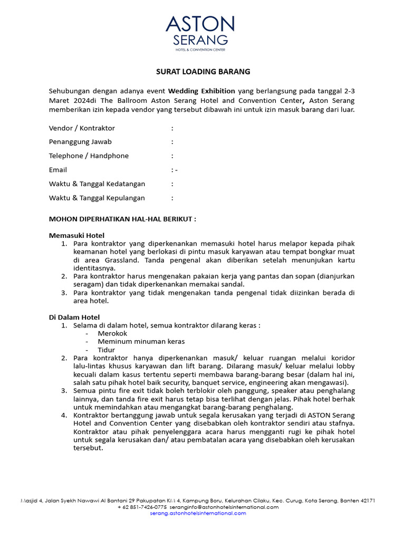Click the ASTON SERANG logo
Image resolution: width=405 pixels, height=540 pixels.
tap(200, 33)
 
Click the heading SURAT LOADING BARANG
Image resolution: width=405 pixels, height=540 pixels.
tap(202, 71)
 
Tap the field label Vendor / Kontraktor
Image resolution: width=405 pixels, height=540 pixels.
tap(82, 128)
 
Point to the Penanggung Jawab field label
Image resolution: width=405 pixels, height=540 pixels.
tap(80, 142)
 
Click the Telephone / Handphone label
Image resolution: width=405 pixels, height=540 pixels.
tap(89, 156)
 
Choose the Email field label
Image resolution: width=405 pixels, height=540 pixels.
tap(58, 170)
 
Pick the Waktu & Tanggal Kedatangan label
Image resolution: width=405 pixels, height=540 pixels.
tap(97, 184)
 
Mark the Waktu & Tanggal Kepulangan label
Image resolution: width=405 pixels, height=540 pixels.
tap(97, 198)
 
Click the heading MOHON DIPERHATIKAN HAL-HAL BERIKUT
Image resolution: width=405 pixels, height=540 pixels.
tap(122, 218)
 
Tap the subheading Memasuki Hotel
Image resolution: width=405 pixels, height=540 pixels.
tap(76, 235)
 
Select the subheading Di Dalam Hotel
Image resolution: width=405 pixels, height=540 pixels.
tap(74, 317)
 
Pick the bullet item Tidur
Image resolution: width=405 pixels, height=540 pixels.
tap(106, 350)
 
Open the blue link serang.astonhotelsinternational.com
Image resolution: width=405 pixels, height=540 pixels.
tap(198, 513)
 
